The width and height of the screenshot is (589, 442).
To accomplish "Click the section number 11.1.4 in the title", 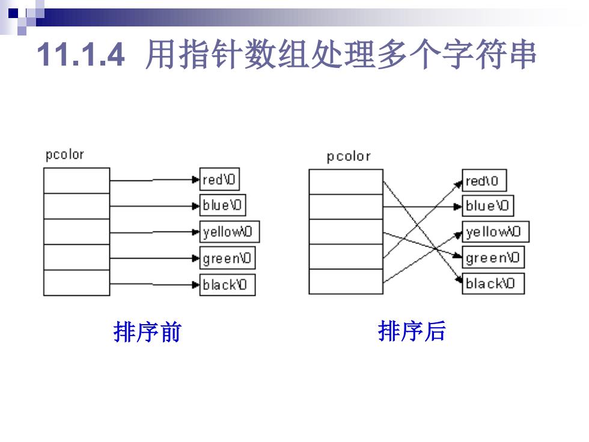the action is (81, 55).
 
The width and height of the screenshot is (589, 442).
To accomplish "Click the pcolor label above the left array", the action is (65, 155).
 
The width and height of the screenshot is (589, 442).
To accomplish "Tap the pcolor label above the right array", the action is (349, 156).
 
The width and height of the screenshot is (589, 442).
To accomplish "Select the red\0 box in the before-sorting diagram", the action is (219, 179).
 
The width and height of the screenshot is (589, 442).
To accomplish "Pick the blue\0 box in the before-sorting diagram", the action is (222, 205).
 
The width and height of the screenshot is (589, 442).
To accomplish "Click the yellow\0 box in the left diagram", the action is (229, 232).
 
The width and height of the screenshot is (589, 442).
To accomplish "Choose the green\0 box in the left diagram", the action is (227, 258).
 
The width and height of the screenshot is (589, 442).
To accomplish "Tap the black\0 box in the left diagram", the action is (227, 284).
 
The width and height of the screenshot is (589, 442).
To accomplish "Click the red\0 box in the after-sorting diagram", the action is (484, 180).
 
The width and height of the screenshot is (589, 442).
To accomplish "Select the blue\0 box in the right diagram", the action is (487, 206).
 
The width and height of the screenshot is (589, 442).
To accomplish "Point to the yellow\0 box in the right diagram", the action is (495, 232).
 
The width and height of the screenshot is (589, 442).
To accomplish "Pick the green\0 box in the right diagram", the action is (493, 257).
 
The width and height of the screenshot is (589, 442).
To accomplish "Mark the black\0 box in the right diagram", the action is (493, 283).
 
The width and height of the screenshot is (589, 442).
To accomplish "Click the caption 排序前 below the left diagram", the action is (147, 332).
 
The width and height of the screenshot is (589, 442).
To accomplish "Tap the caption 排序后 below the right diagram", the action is (412, 331).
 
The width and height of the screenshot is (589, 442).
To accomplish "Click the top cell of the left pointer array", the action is (77, 181).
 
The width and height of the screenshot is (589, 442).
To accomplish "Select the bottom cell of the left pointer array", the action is (77, 283).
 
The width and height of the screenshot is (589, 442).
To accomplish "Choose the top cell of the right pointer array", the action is (346, 182).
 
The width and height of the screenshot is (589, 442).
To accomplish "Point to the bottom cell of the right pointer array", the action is (346, 281).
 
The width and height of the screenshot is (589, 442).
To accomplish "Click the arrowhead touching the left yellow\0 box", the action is (195, 232).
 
